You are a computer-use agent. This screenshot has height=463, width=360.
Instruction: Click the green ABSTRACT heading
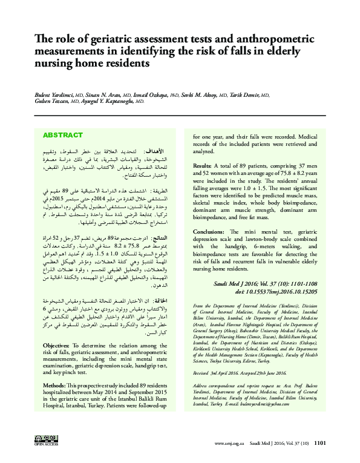62,135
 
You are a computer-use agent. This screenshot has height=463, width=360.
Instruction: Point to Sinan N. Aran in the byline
99,94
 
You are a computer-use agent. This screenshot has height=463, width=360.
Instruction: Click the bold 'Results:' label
202,165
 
